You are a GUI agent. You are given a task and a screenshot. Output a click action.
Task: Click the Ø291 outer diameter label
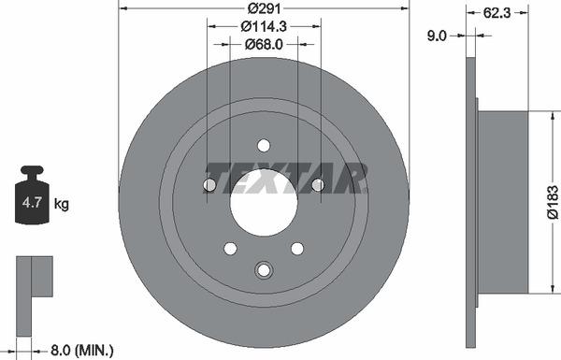point(264,8)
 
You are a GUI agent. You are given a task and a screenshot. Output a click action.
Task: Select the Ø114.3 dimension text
point(264,26)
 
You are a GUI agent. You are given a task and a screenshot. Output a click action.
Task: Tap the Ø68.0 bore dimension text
point(264,43)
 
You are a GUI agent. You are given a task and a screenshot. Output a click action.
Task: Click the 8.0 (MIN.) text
point(82,351)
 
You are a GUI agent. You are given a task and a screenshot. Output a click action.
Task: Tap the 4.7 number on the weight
point(32,202)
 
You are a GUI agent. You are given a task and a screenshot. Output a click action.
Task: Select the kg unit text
point(62,203)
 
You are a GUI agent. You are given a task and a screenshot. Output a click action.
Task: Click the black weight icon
point(32,196)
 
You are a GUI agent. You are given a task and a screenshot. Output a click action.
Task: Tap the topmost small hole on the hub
point(264,145)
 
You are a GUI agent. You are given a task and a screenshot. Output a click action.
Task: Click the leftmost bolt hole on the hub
point(209,185)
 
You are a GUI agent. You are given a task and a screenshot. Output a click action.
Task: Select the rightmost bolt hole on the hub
point(318,185)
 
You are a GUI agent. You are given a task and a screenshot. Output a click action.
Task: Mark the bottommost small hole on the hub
point(264,270)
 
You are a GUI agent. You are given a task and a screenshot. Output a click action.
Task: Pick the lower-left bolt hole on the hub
point(230,248)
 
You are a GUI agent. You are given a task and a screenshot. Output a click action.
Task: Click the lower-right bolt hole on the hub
point(297,248)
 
